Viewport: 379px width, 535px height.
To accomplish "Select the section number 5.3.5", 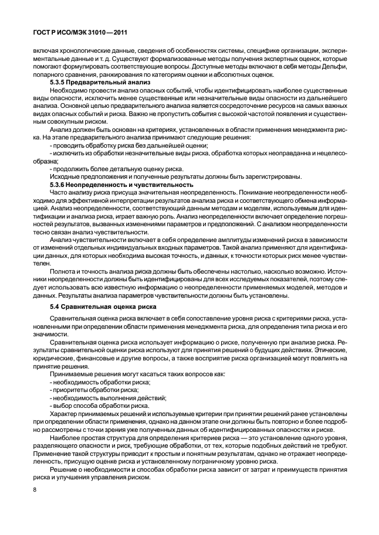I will (x=59, y=83).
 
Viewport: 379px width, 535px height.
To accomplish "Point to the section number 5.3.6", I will (x=59, y=185).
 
